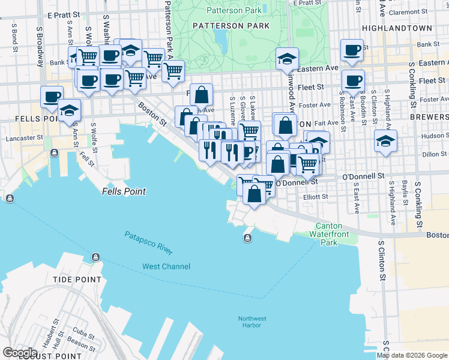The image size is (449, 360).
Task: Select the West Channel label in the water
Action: point(166,266)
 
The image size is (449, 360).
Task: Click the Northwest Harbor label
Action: point(253,322)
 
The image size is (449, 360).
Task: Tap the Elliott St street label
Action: point(316,196)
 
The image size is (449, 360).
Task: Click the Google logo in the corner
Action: point(20,352)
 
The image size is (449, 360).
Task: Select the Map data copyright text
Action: point(412,355)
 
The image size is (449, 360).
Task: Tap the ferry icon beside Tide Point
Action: point(95,257)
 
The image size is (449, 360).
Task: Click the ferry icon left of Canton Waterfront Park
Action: point(247,239)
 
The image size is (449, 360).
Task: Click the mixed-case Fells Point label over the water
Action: point(124,191)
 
